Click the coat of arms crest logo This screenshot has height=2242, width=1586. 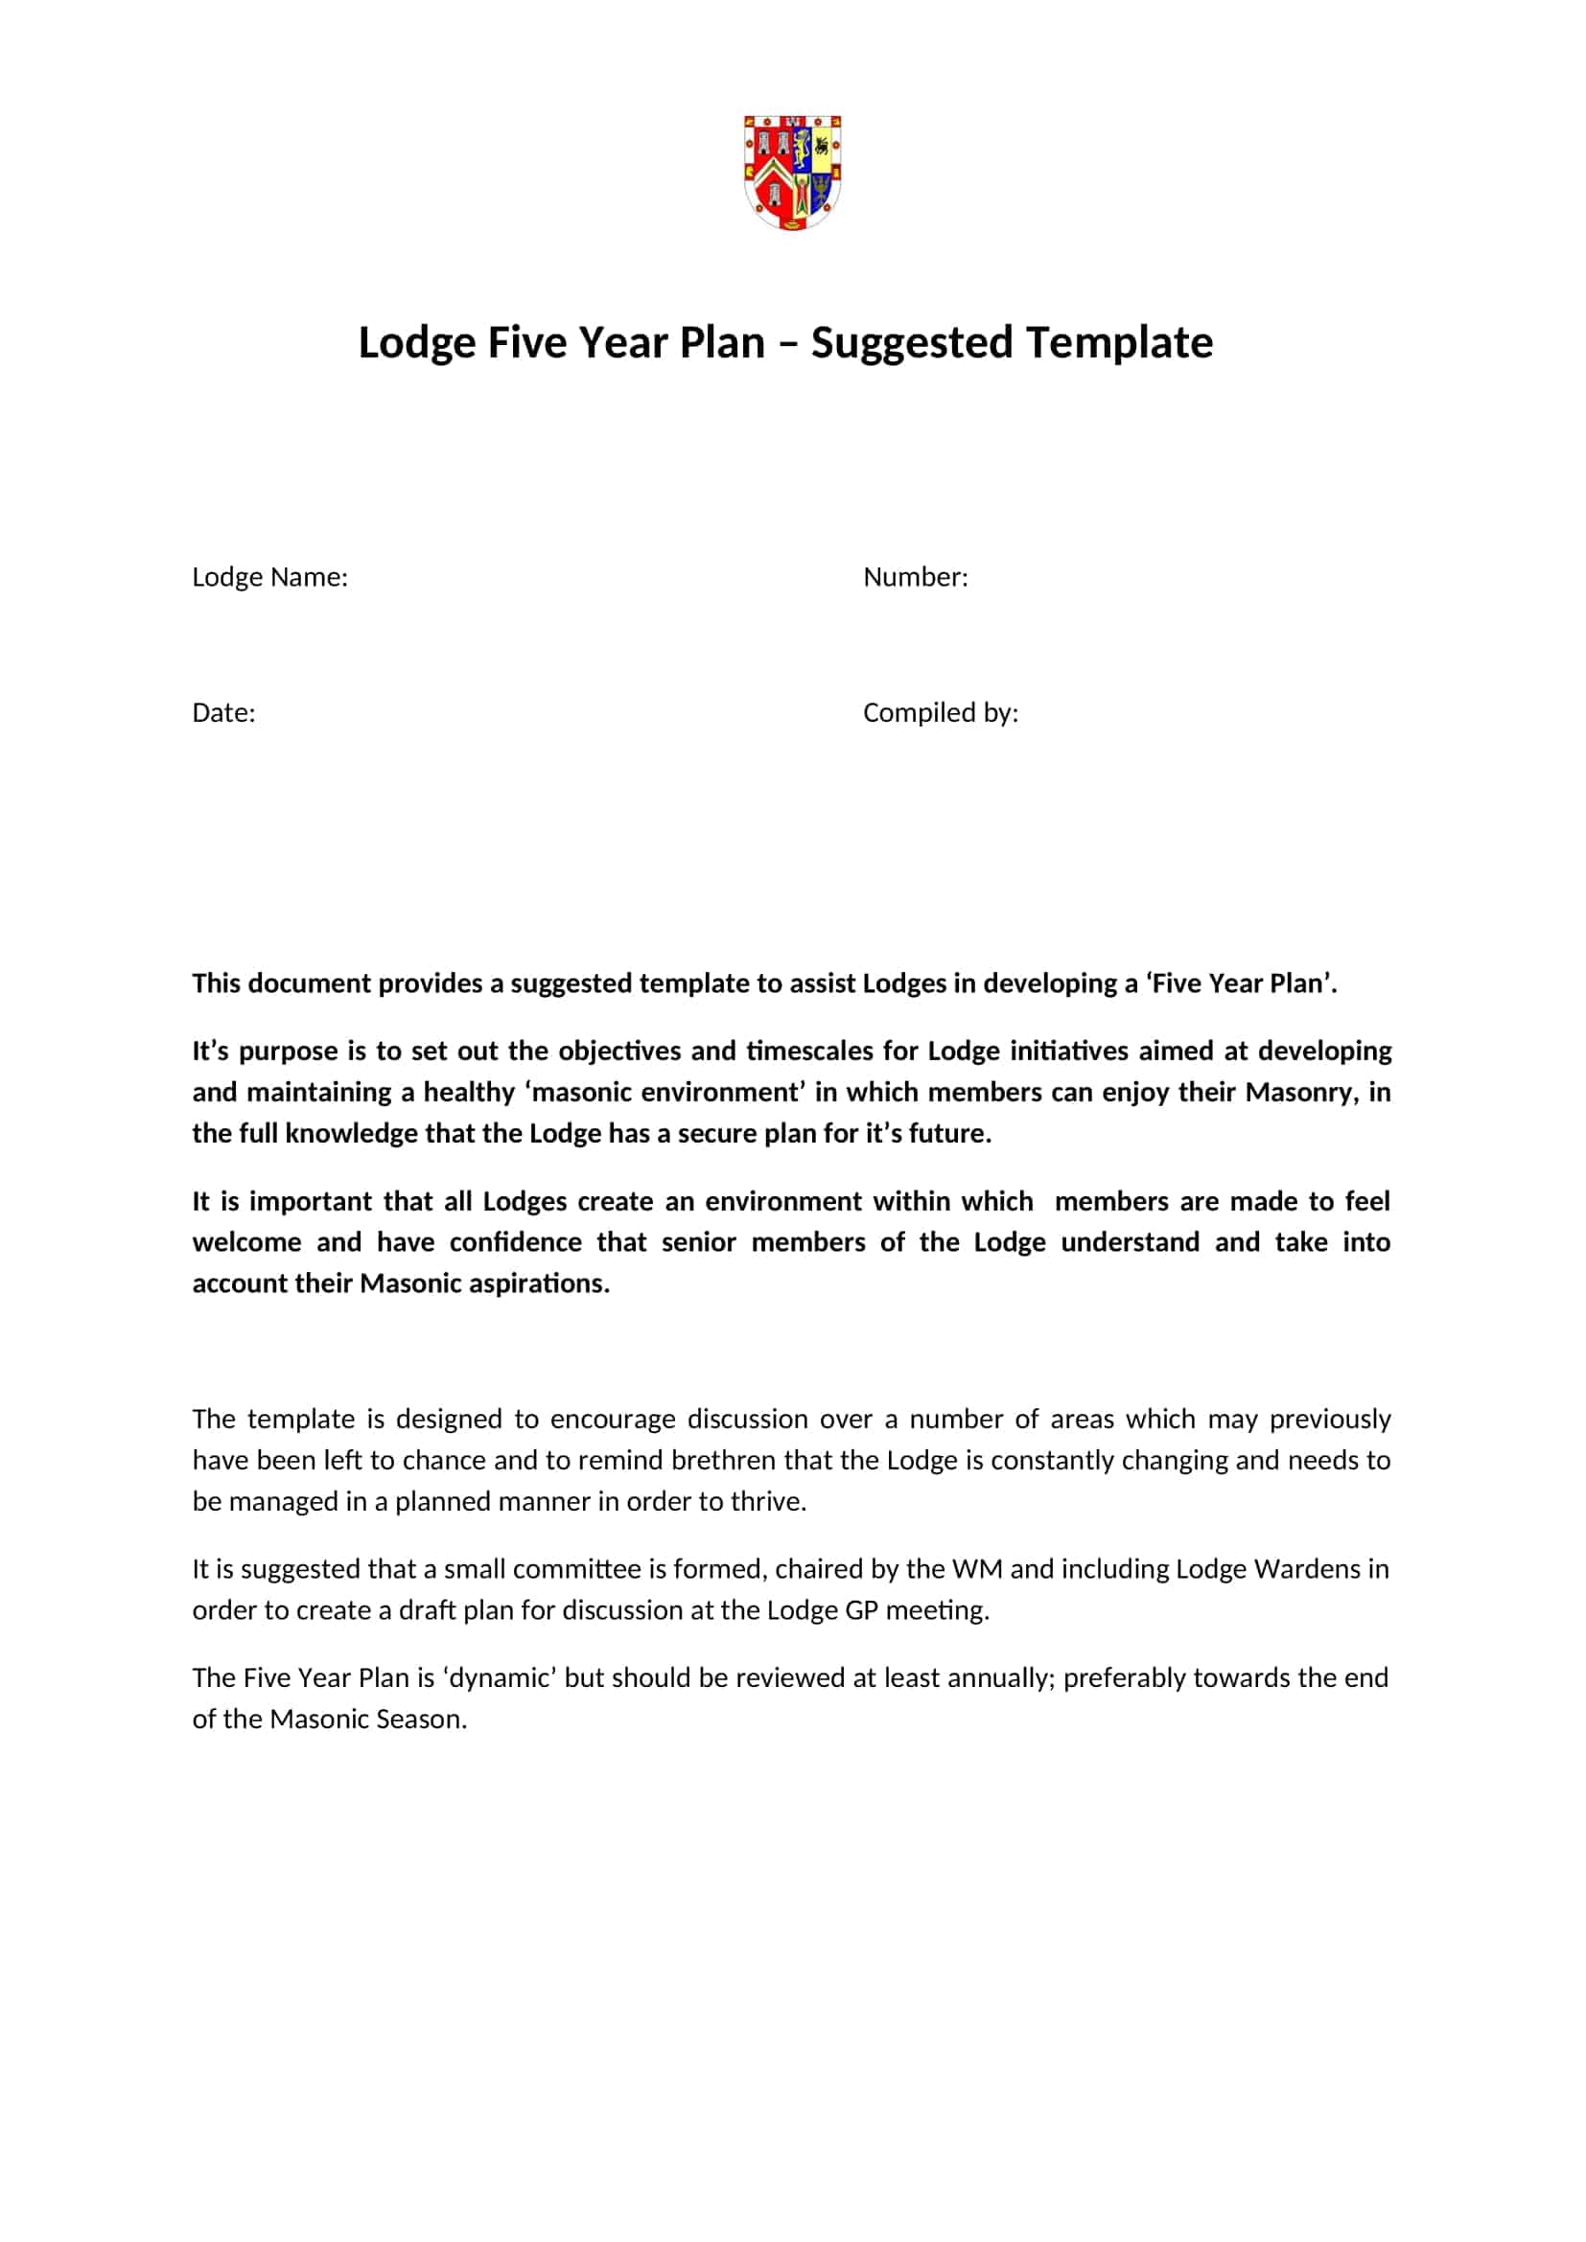coord(793,172)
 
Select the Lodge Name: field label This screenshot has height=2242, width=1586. coord(269,577)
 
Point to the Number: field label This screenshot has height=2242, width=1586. coord(915,577)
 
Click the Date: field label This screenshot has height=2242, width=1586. coord(223,713)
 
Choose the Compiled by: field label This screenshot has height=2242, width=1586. coord(941,713)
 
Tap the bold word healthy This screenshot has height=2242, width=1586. coord(469,1092)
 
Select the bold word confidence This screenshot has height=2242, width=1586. coord(516,1242)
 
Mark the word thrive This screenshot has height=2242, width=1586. coord(776,1501)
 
